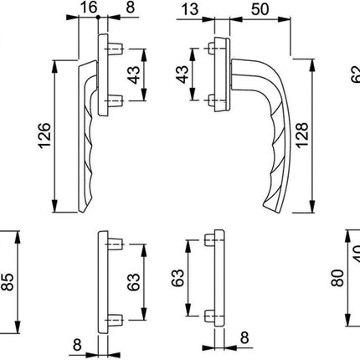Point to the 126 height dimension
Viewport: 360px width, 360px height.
tap(45, 134)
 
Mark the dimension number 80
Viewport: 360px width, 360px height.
tap(337, 279)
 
